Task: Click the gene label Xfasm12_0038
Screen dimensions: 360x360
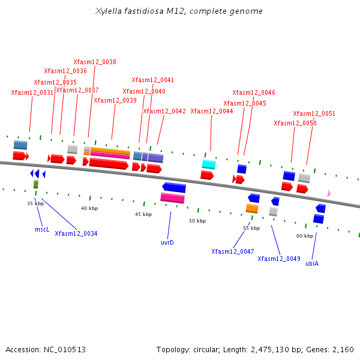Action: [x=95, y=62]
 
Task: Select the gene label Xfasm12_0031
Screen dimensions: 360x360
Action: [x=32, y=92]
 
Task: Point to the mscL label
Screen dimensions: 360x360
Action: [x=42, y=229]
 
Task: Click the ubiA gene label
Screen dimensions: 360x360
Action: [x=312, y=263]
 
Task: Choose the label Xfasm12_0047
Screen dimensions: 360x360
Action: [x=233, y=251]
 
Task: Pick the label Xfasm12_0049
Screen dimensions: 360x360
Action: [x=279, y=259]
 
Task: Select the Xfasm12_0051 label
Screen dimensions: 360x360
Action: [x=314, y=113]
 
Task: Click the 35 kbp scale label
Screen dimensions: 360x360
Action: [x=35, y=203]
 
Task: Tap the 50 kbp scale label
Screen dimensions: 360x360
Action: [x=197, y=221]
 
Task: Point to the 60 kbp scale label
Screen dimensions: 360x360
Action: [x=305, y=236]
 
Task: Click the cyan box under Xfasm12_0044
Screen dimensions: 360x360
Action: [x=209, y=164]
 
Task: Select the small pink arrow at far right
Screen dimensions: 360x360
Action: [x=329, y=193]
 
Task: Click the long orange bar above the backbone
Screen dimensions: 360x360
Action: [x=110, y=151]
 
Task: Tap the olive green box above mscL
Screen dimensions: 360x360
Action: [x=36, y=184]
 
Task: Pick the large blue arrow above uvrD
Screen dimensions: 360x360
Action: [x=174, y=187]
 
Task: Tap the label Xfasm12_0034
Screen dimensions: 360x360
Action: [x=76, y=233]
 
